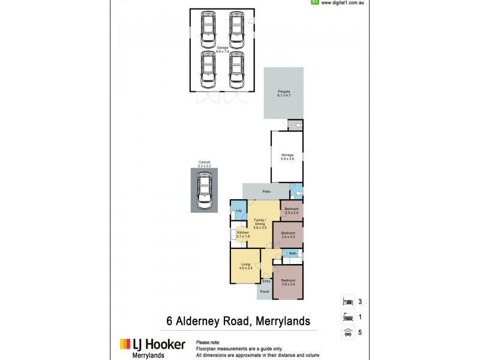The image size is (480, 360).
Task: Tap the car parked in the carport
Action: click(205, 191)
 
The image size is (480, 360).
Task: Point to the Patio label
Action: click(266, 191)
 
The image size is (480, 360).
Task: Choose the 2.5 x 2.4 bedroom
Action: click(291, 211)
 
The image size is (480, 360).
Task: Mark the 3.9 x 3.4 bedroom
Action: click(288, 282)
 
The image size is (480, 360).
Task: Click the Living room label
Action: click(245, 266)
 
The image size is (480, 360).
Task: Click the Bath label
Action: click(292, 254)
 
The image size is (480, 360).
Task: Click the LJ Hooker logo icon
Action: click(124, 344)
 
